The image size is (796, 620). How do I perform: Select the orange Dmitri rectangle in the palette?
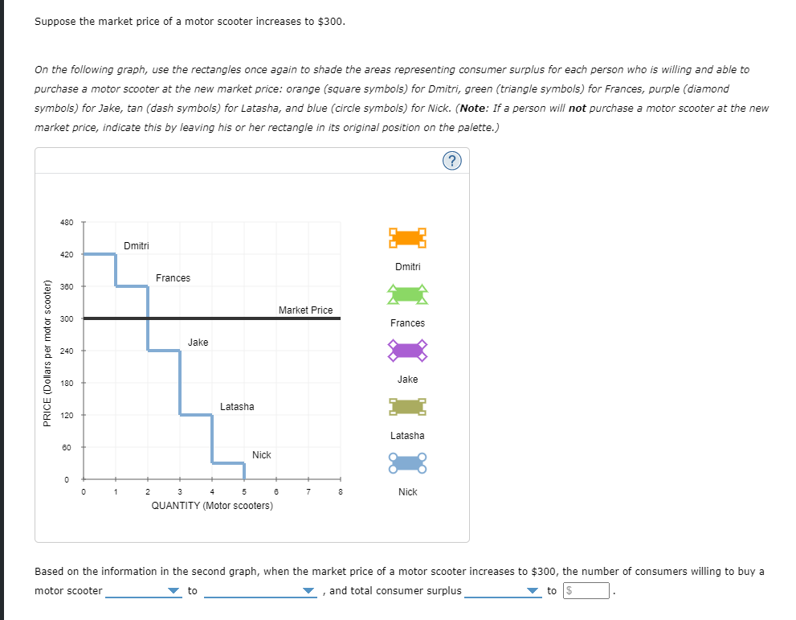(x=407, y=238)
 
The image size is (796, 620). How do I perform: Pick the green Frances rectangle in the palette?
(x=407, y=294)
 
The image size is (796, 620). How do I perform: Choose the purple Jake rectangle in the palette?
(x=407, y=351)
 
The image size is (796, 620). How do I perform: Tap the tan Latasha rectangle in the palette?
(x=407, y=407)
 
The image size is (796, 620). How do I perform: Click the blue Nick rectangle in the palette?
(x=407, y=463)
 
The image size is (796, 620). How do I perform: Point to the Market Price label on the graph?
(x=305, y=310)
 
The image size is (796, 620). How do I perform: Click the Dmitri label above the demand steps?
(x=137, y=245)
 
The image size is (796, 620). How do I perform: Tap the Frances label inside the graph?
(x=173, y=278)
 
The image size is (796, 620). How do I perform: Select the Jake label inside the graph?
(x=198, y=343)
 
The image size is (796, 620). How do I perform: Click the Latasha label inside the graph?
(x=237, y=407)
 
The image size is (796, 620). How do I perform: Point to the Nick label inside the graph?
(x=262, y=455)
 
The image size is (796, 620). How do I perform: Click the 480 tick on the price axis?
(x=67, y=222)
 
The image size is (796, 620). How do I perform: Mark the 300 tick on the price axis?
(x=67, y=319)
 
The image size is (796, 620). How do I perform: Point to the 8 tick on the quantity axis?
(x=341, y=492)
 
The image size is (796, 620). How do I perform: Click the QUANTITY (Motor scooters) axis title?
(x=212, y=506)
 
